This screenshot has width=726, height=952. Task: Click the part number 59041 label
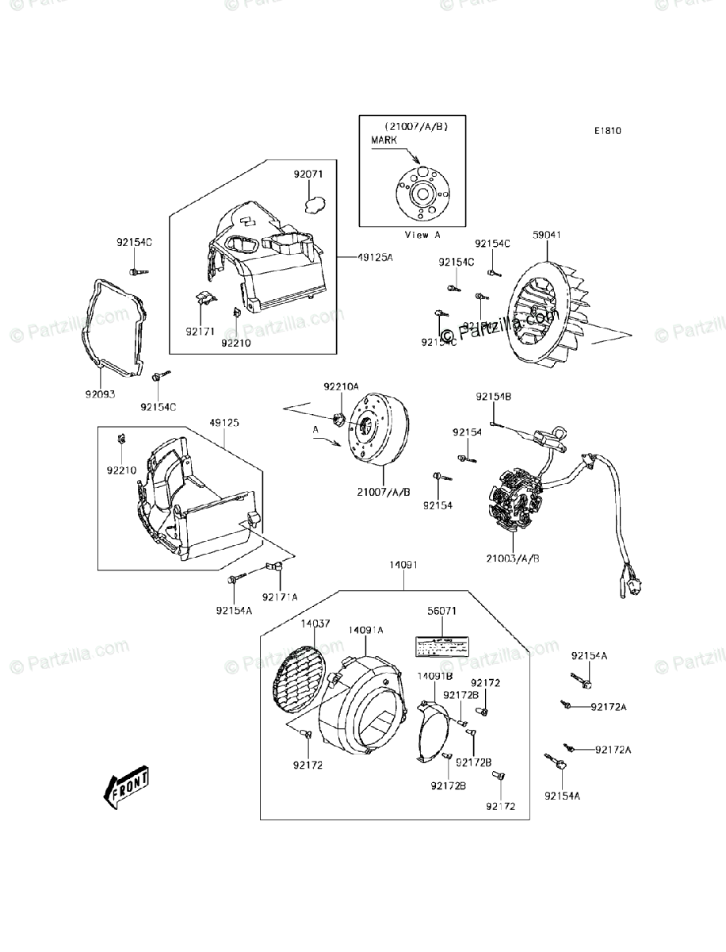[x=548, y=235]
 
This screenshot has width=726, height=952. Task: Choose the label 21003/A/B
[x=514, y=558]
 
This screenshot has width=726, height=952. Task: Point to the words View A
[x=422, y=235]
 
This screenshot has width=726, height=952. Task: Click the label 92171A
[x=281, y=596]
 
